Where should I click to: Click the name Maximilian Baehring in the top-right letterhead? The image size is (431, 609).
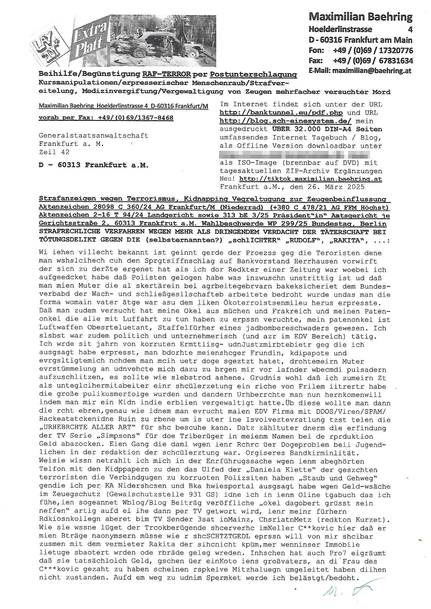coord(360,17)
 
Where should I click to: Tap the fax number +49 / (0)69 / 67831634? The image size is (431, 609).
coord(373,61)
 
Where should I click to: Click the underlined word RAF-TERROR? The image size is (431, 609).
coord(167,74)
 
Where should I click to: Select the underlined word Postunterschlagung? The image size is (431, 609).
coord(253,74)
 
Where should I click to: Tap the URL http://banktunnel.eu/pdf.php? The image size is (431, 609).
coord(281,113)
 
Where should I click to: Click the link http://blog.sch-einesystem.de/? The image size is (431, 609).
coord(285,121)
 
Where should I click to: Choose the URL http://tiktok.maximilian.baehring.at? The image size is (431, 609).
coord(311,179)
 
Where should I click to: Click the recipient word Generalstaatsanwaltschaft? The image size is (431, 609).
coord(94,135)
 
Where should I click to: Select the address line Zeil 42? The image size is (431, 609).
coord(54,152)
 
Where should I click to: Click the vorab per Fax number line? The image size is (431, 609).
coord(106,117)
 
